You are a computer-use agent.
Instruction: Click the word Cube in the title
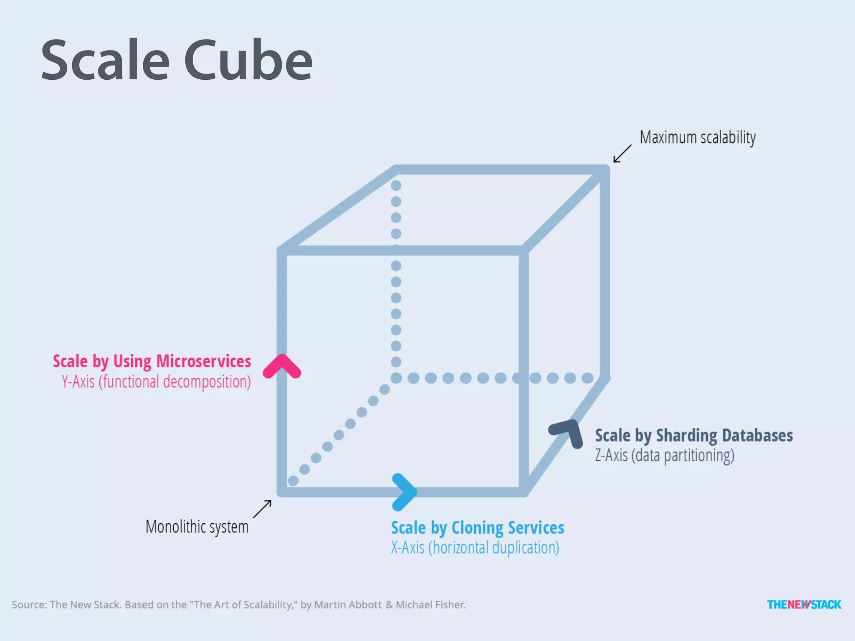click(248, 61)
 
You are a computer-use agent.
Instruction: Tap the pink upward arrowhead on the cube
click(282, 366)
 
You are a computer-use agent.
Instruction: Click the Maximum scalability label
click(698, 137)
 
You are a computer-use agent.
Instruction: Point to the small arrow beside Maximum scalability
click(622, 154)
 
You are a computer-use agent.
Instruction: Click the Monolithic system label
click(197, 527)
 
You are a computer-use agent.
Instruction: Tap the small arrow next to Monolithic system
click(262, 509)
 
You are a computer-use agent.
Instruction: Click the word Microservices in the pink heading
click(203, 361)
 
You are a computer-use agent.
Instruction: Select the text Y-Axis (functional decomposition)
click(156, 382)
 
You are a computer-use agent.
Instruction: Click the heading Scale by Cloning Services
click(477, 528)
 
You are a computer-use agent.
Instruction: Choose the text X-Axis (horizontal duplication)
click(475, 548)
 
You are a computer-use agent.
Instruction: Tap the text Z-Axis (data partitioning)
click(664, 455)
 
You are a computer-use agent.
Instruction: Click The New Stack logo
click(804, 604)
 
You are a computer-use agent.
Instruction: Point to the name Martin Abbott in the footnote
click(348, 605)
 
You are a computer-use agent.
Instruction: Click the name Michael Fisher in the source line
click(430, 605)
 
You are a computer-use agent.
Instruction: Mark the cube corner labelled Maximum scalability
click(605, 170)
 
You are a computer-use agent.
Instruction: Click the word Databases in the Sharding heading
click(757, 436)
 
